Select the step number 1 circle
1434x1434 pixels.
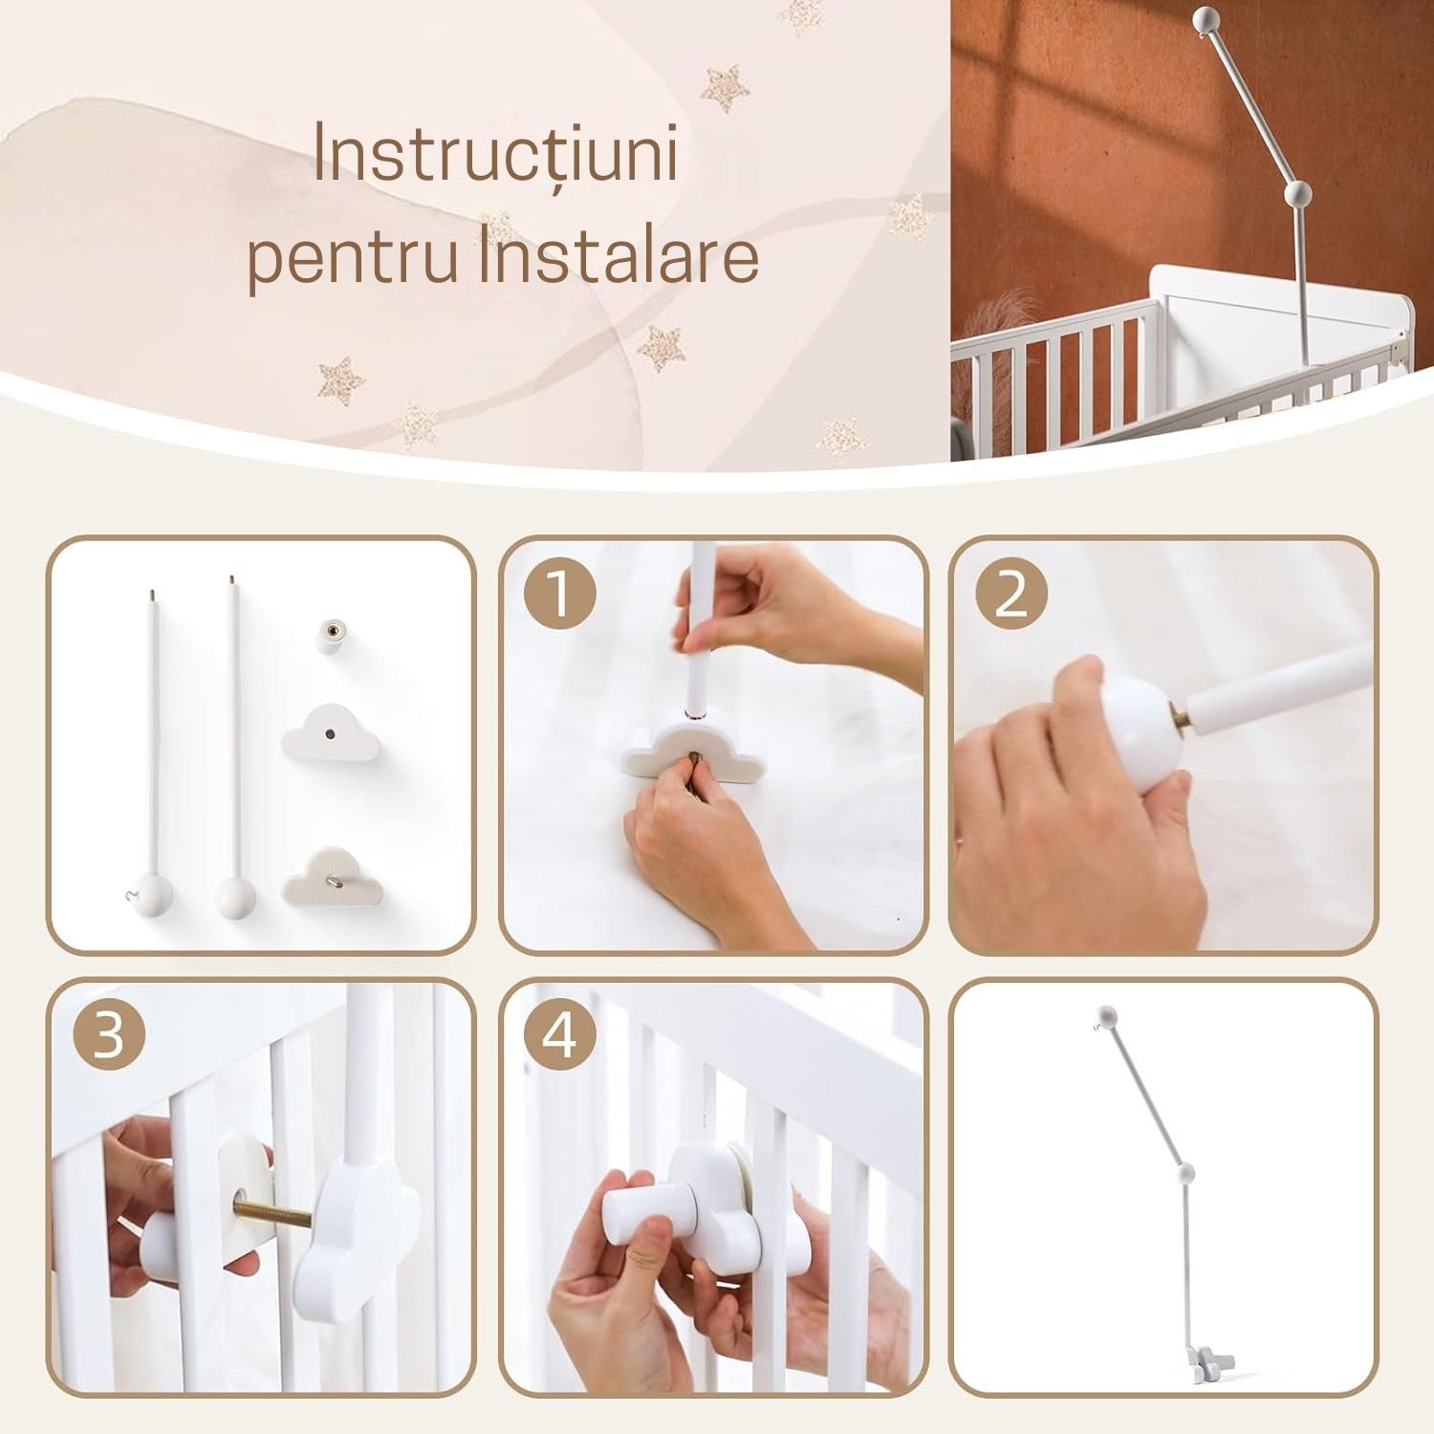click(559, 595)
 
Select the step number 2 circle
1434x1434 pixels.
click(1011, 595)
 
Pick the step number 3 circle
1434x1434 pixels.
click(109, 1034)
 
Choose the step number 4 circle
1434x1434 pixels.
click(559, 1034)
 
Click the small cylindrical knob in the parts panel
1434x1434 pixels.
click(334, 635)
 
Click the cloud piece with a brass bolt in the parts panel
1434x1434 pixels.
click(334, 874)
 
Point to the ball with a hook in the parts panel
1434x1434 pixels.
click(152, 896)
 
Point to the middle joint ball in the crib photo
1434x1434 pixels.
click(1298, 194)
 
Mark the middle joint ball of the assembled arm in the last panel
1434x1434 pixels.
click(1186, 1173)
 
